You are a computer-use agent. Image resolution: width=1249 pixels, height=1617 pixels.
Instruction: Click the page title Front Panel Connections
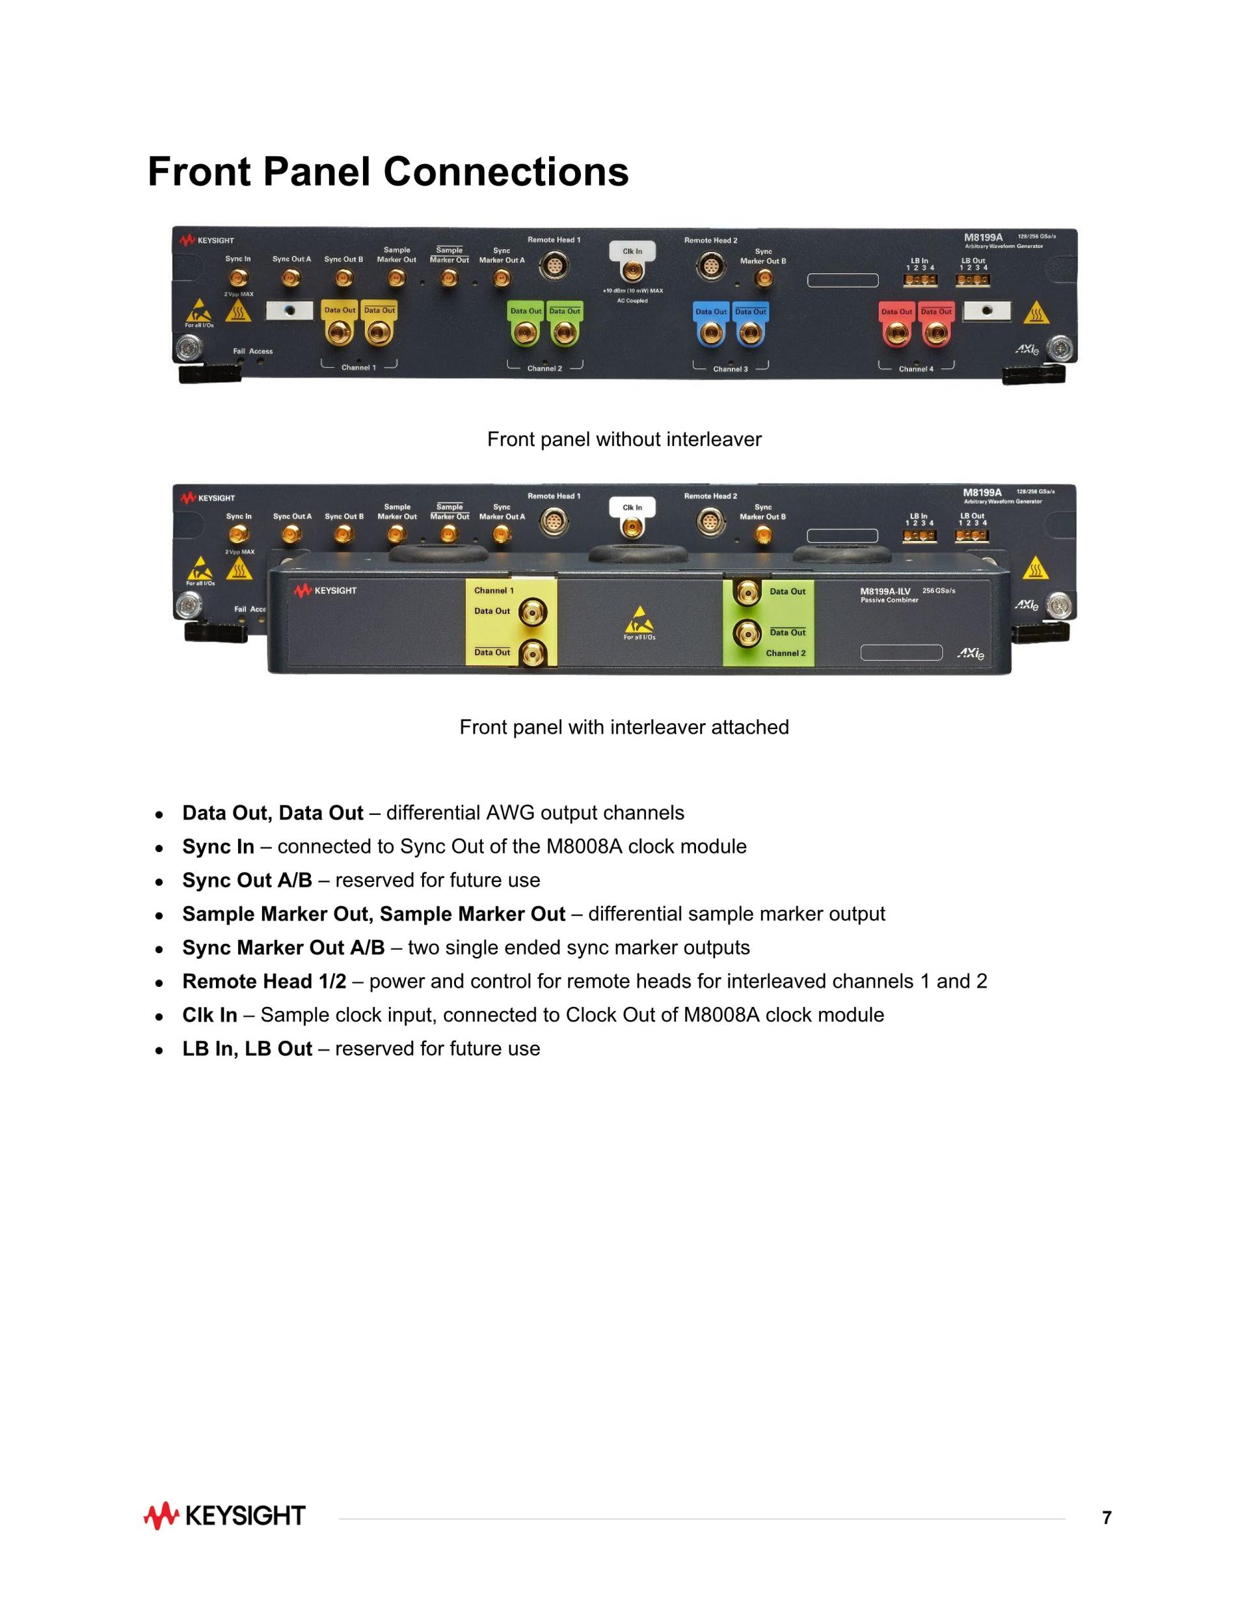[388, 172]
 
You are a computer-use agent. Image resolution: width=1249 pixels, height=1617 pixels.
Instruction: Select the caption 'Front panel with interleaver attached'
[624, 727]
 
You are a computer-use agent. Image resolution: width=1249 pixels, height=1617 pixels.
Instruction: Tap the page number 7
[1106, 1518]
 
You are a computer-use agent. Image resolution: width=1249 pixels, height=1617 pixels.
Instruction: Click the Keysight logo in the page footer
[224, 1515]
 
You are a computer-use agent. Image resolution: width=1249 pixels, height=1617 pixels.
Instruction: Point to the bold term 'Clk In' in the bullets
[209, 1015]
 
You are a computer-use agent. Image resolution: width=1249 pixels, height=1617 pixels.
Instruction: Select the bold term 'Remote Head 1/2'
[264, 981]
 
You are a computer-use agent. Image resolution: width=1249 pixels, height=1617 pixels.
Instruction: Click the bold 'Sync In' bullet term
[219, 846]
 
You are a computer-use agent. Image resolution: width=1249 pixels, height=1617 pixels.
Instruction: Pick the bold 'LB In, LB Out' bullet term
[247, 1049]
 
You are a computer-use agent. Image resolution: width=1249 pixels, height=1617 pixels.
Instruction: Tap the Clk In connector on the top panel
[632, 271]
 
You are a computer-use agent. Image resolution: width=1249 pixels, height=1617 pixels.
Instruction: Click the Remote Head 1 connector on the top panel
[554, 265]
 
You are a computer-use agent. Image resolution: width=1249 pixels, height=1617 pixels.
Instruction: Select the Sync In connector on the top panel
[238, 278]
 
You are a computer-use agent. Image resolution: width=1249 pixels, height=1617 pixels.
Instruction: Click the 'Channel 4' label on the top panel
[916, 368]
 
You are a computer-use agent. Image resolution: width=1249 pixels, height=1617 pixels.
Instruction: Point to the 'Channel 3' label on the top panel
[731, 368]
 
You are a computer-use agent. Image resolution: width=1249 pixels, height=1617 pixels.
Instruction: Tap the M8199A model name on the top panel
[983, 238]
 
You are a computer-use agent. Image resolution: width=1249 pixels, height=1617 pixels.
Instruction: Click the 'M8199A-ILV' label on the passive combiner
[885, 591]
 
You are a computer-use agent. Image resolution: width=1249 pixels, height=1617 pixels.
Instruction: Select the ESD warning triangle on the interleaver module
[639, 619]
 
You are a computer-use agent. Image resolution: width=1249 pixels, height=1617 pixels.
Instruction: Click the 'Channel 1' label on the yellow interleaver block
[494, 590]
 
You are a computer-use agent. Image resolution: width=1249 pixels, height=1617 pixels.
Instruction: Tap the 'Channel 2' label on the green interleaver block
[785, 653]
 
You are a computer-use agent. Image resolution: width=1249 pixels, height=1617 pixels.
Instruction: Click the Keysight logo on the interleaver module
[325, 590]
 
